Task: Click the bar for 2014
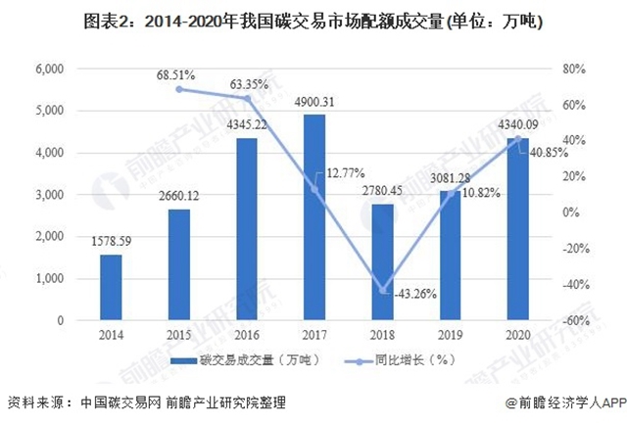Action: click(x=112, y=287)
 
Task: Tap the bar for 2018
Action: click(x=383, y=262)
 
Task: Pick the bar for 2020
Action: click(x=517, y=229)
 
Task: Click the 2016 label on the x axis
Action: click(x=247, y=333)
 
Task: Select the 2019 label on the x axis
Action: click(x=450, y=333)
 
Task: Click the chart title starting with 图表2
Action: click(x=313, y=21)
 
